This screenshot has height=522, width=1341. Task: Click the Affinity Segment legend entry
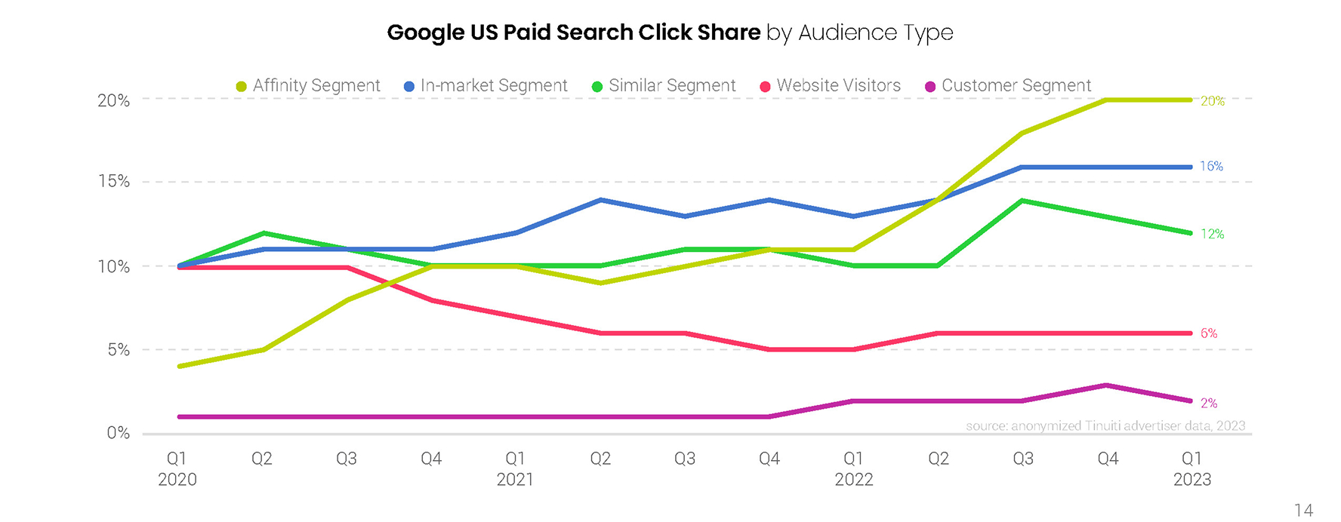308,86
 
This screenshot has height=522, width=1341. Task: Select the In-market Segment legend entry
486,86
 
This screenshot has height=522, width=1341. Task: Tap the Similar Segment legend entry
664,86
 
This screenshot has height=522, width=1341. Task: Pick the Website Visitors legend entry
830,86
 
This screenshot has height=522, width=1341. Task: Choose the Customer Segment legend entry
1008,86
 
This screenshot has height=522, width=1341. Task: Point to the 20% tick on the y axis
114,100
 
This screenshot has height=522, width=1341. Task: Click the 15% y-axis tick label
114,182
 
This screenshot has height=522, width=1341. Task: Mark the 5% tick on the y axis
118,350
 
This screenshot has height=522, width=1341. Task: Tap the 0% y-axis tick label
118,433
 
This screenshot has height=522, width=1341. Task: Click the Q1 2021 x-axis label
515,468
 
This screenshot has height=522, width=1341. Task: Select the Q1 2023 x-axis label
1191,468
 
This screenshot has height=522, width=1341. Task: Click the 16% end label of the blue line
1211,166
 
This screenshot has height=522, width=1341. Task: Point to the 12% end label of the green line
1212,234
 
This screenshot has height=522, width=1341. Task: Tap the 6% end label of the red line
1209,333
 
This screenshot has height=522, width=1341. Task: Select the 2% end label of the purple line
1209,403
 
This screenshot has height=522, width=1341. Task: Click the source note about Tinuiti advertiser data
1105,425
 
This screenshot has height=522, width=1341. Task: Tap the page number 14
1303,511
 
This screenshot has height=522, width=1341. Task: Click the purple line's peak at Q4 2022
1107,385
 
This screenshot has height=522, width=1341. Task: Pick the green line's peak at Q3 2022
1022,201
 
